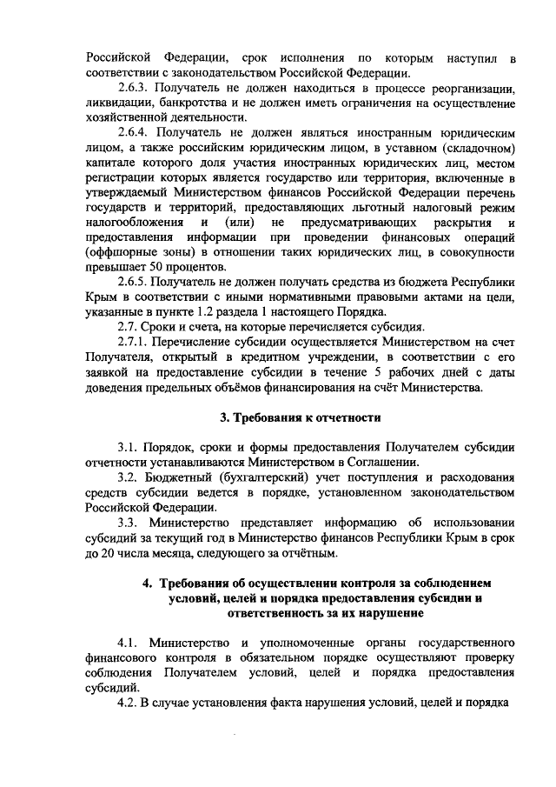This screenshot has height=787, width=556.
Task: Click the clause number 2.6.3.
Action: (134, 89)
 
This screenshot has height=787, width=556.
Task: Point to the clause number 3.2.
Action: (129, 477)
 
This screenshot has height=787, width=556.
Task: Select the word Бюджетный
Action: (182, 477)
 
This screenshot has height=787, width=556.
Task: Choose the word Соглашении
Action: (387, 463)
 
